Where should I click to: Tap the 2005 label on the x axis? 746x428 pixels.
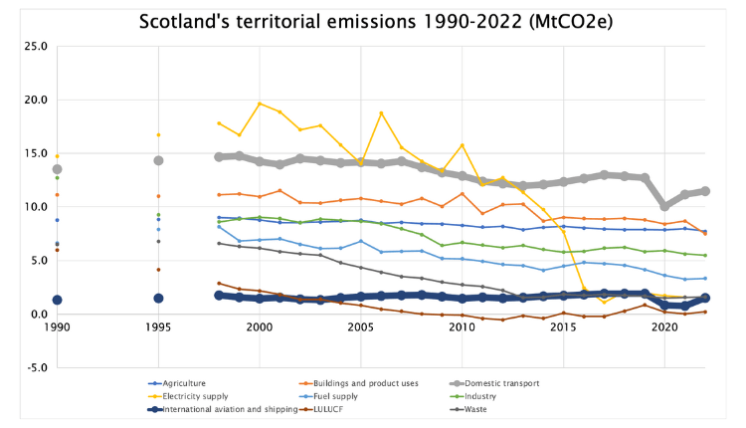(x=361, y=327)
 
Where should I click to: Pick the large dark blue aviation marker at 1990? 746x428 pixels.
(x=57, y=300)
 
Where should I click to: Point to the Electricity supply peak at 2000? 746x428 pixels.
(x=260, y=104)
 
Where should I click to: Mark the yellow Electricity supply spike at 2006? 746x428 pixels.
(x=381, y=112)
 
